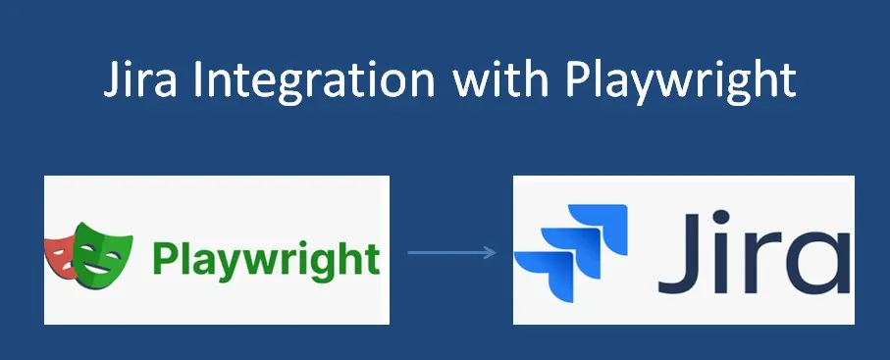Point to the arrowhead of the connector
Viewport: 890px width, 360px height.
(x=492, y=253)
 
